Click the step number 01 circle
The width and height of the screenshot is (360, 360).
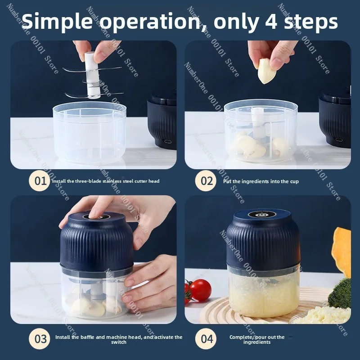[x=39, y=181]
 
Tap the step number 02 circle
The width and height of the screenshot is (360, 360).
[x=206, y=181]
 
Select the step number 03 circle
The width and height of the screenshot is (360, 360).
[x=39, y=339]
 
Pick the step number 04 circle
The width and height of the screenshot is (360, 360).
[x=206, y=339]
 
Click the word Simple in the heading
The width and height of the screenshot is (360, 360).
[x=57, y=22]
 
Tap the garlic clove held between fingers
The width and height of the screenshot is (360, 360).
[x=266, y=71]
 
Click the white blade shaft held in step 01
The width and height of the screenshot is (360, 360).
[x=93, y=76]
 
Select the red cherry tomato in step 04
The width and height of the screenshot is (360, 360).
[x=200, y=290]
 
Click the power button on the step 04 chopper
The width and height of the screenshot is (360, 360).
[x=262, y=215]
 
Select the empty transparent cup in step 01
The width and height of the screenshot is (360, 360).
[x=90, y=133]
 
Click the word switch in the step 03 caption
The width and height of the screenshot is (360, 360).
[x=119, y=342]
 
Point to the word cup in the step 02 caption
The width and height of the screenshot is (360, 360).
[x=294, y=182]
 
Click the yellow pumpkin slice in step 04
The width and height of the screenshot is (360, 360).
[x=342, y=252]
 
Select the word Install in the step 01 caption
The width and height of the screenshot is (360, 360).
[x=59, y=181]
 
